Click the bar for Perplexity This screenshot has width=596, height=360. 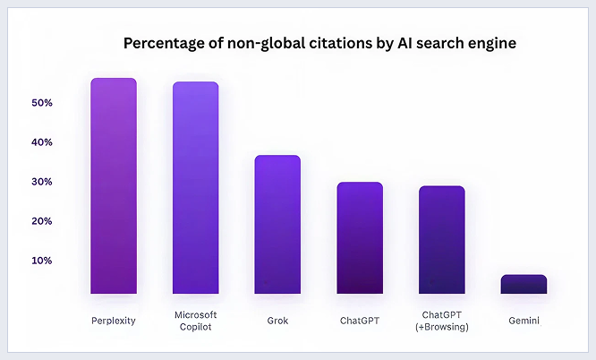pyautogui.click(x=114, y=186)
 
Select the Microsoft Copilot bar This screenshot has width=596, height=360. pyautogui.click(x=195, y=188)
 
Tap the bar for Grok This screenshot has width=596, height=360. pyautogui.click(x=277, y=225)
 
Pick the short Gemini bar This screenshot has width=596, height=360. pyautogui.click(x=524, y=285)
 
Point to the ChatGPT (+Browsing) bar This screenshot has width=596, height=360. pyautogui.click(x=442, y=240)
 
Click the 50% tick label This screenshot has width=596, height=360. pyautogui.click(x=43, y=103)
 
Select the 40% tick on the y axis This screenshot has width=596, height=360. pyautogui.click(x=43, y=142)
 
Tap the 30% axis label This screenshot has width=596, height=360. pyautogui.click(x=43, y=182)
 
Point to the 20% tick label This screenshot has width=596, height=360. pyautogui.click(x=43, y=221)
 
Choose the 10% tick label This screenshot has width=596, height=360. pyautogui.click(x=43, y=261)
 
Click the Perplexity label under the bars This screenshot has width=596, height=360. pyautogui.click(x=114, y=320)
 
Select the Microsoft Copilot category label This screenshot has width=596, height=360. pyautogui.click(x=195, y=320)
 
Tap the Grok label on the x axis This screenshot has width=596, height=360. pyautogui.click(x=277, y=320)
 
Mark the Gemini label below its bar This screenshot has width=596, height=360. pyautogui.click(x=524, y=320)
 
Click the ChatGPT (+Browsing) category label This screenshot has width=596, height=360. pyautogui.click(x=442, y=320)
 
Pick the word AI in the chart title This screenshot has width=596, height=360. pyautogui.click(x=391, y=43)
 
